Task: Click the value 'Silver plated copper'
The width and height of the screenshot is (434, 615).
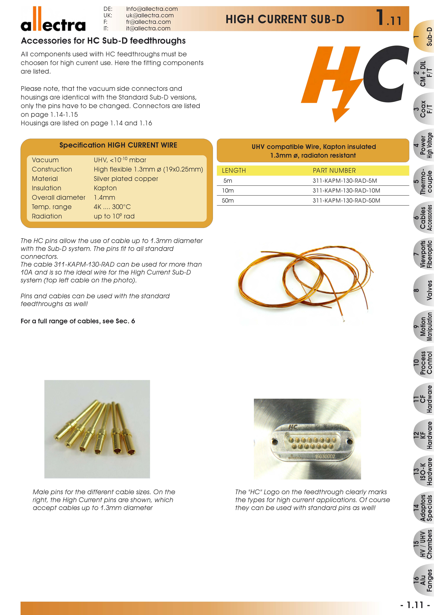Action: (126, 179)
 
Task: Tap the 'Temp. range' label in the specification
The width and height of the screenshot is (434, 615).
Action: (52, 207)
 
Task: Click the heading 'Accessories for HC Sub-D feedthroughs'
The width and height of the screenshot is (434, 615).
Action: (103, 41)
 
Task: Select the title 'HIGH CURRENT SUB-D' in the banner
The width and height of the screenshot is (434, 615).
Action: (285, 19)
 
